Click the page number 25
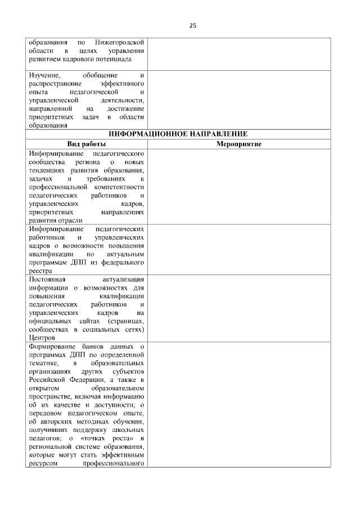[192, 25]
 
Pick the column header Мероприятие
[238, 144]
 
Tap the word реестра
[38, 271]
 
